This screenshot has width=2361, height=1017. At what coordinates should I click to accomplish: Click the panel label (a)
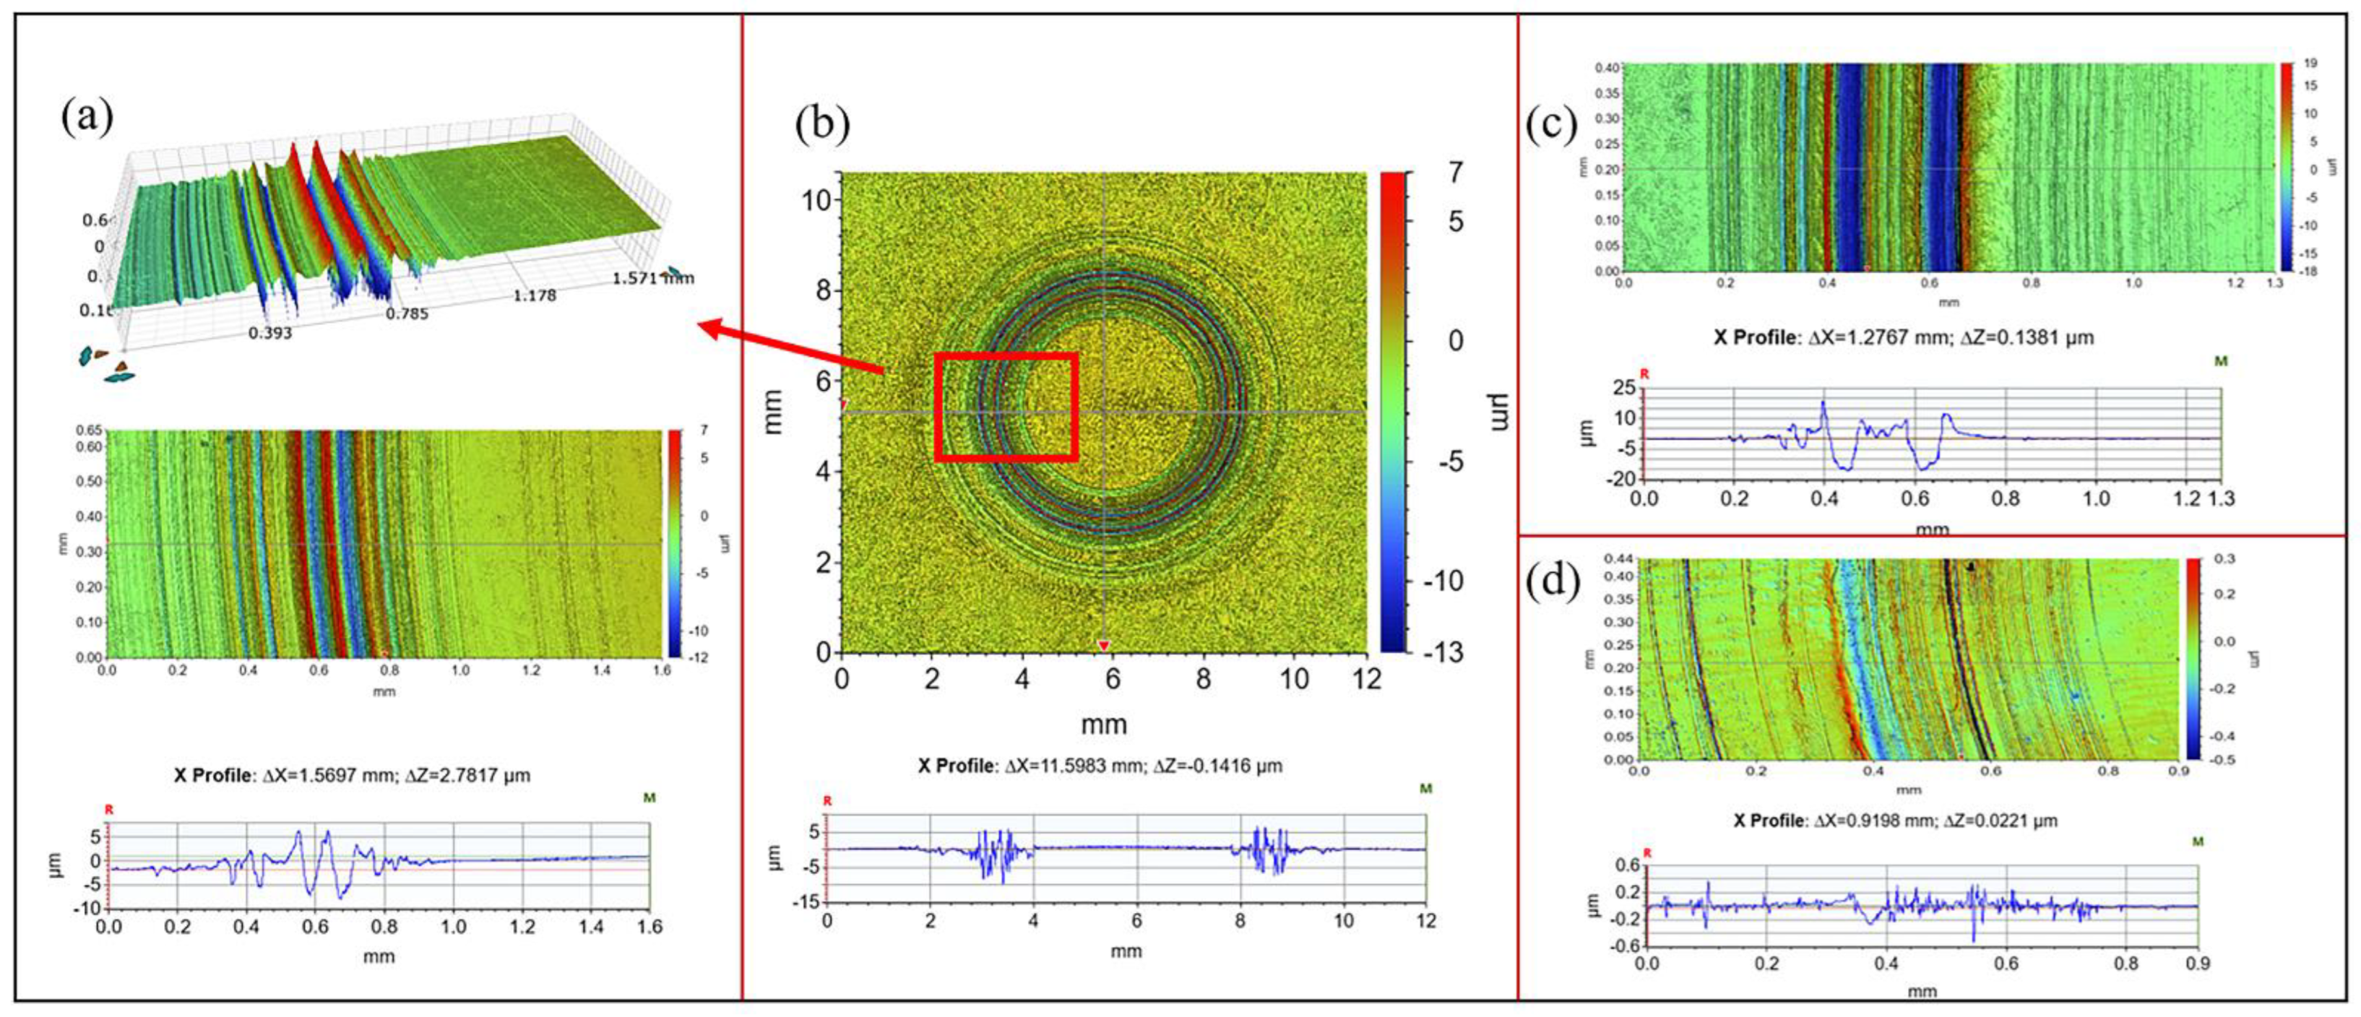(x=87, y=117)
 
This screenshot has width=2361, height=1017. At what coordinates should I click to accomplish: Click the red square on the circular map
(x=1006, y=355)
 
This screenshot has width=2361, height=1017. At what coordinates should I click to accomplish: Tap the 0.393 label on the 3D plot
(x=270, y=332)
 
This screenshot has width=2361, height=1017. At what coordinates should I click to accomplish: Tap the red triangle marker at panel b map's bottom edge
(x=1103, y=646)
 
